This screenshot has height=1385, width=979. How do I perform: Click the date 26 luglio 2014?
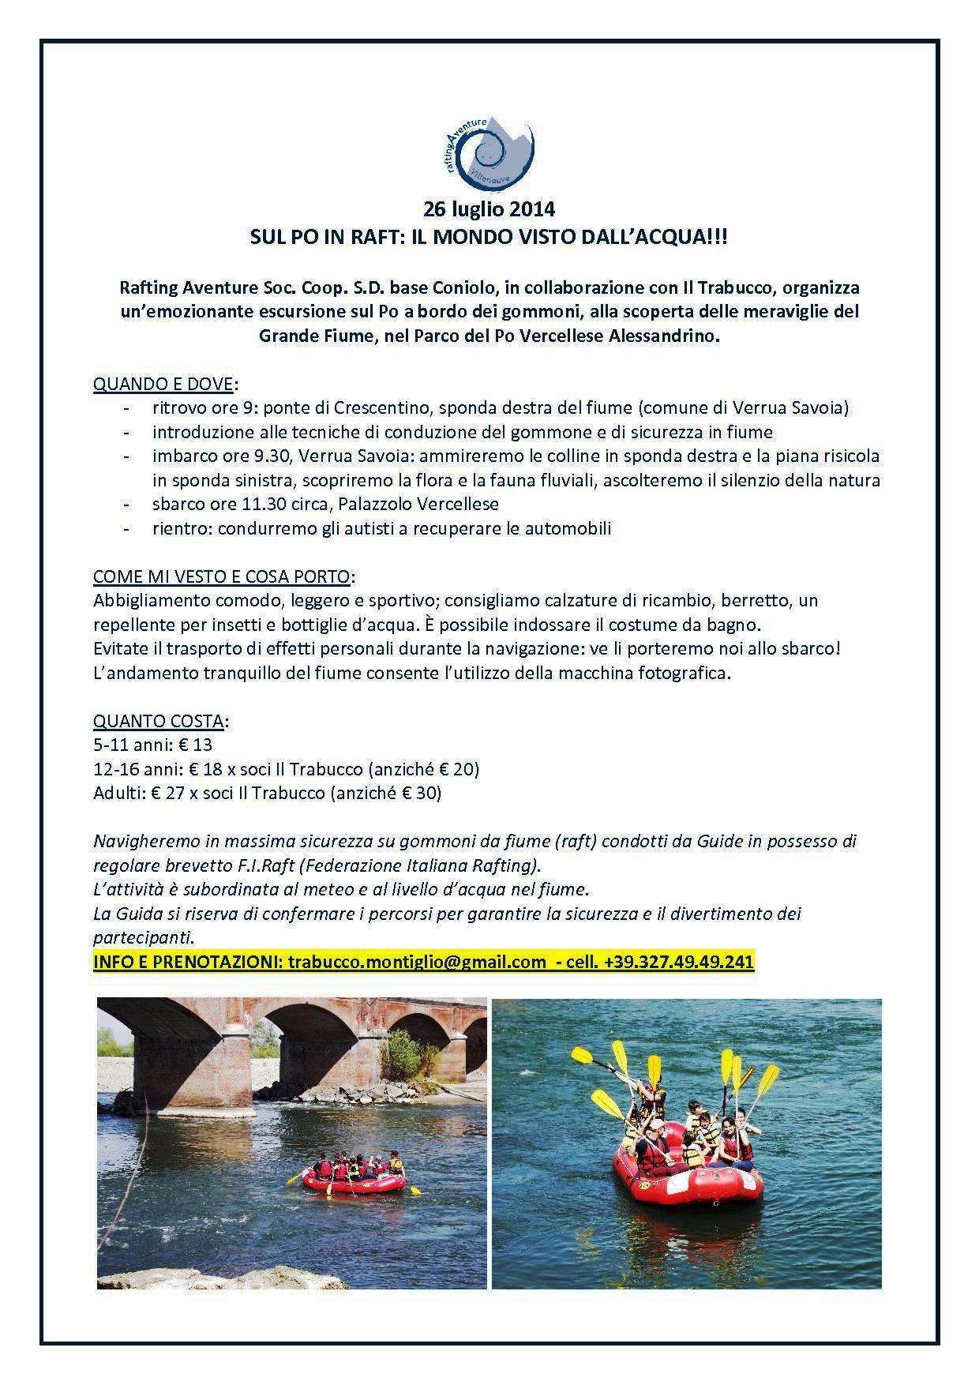pos(489,210)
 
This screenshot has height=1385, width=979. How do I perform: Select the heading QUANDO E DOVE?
pos(163,384)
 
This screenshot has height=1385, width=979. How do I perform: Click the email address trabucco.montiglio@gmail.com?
pos(417,961)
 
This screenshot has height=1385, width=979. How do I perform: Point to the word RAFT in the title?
pos(368,235)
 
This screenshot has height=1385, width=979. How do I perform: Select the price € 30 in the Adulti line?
pos(422,792)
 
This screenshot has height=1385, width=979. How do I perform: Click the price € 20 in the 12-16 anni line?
pos(459,768)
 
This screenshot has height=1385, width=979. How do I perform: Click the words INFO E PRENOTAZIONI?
pos(186,961)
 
